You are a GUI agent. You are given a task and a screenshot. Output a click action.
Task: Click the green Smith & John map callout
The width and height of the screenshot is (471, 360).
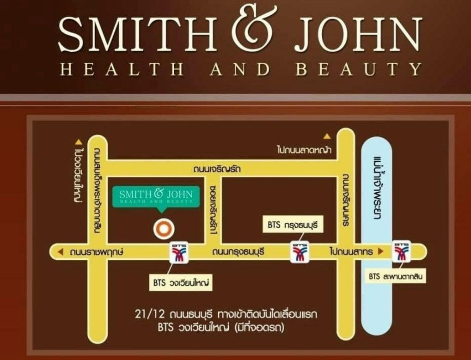click(x=159, y=196)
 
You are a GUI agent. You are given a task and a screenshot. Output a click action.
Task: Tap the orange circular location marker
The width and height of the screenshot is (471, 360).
click(x=163, y=228)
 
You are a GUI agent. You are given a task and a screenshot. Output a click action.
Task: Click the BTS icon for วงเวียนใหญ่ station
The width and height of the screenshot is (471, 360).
click(x=179, y=252)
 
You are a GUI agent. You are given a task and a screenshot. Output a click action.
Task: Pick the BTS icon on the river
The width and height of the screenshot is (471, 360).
click(x=401, y=251)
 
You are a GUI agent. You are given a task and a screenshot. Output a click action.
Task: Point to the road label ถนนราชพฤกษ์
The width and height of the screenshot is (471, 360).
click(x=98, y=252)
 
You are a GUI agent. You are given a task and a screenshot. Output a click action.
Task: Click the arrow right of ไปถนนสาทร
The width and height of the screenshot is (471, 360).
click(x=381, y=252)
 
